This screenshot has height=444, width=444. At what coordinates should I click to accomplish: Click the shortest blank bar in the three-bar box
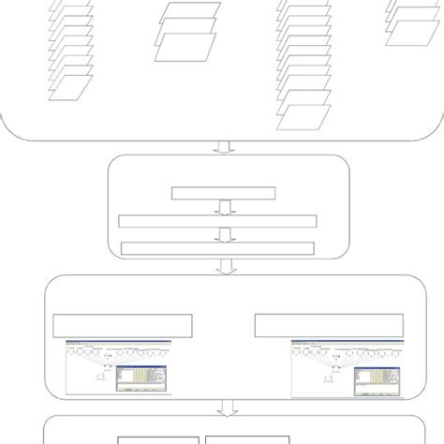[223, 194]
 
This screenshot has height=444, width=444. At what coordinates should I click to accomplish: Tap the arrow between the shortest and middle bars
[222, 207]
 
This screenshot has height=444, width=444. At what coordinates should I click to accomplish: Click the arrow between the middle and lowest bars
[222, 234]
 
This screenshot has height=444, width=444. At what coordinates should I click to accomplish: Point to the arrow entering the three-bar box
[222, 147]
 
